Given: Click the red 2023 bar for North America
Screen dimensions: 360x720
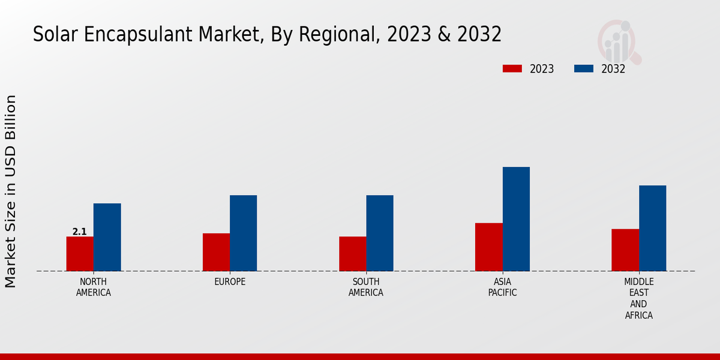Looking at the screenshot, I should pos(80,254).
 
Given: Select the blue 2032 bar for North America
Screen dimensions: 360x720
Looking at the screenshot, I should pos(107,237).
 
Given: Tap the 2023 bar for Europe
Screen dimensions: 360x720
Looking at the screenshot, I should pos(216,252).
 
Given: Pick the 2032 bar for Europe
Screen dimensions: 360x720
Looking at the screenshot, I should pos(243,233).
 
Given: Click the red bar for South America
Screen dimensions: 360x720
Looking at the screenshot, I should pos(352,254).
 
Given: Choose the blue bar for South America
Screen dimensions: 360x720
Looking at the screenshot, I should pos(380,233).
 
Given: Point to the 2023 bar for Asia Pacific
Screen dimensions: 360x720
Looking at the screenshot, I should pos(488,247).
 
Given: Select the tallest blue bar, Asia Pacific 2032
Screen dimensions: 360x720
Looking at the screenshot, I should pos(516,219).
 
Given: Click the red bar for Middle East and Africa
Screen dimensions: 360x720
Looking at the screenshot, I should pos(625,250).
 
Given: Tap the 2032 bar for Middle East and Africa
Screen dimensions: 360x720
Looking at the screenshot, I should pos(652,228).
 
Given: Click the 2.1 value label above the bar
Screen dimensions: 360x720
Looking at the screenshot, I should pos(79,232).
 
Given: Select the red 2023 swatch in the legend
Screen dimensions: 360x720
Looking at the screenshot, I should pos(512,68).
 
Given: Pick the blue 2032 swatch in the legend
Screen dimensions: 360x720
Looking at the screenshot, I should pos(584,68).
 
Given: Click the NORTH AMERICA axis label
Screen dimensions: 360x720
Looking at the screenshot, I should pos(94,287).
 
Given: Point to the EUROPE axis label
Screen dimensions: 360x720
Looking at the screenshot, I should pos(230,282).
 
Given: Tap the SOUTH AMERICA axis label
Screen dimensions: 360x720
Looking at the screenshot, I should pos(366,287).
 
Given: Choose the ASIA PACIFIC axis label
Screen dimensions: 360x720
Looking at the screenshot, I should pos(502,287).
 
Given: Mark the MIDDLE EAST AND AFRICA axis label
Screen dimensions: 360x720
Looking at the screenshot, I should pos(638,298).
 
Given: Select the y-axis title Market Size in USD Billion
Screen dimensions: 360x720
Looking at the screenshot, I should pos(11,191).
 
